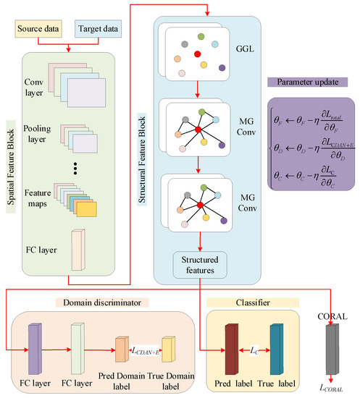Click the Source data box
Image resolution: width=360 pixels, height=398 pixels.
tap(38, 29)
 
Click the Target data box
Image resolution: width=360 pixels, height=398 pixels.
tap(98, 29)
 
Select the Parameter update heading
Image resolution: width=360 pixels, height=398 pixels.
tap(307, 82)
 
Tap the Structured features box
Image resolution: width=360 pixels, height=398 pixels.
tap(200, 265)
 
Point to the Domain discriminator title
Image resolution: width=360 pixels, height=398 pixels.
tap(102, 302)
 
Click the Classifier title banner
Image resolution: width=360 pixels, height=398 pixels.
tap(253, 302)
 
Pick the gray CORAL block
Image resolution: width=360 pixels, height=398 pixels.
tap(332, 349)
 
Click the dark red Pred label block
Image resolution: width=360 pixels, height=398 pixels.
tap(232, 349)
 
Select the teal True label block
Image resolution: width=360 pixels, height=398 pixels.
tap(277, 349)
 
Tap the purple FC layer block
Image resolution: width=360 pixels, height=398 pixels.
tap(35, 349)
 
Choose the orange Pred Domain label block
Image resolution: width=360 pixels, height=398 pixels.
tap(122, 350)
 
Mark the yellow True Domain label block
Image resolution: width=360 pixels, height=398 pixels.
tap(169, 350)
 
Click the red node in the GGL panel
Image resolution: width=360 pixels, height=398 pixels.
tap(198, 54)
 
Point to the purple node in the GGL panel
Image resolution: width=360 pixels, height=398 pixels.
tap(222, 68)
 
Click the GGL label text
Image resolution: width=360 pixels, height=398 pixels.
tap(245, 48)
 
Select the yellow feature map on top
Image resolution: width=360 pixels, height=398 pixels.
tap(87, 209)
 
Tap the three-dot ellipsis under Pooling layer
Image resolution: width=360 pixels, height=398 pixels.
tap(75, 169)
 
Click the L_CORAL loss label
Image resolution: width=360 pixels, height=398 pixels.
tap(331, 388)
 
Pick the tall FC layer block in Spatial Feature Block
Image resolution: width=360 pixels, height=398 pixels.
tap(78, 250)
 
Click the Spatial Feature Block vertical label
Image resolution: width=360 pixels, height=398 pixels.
tap(11, 166)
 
